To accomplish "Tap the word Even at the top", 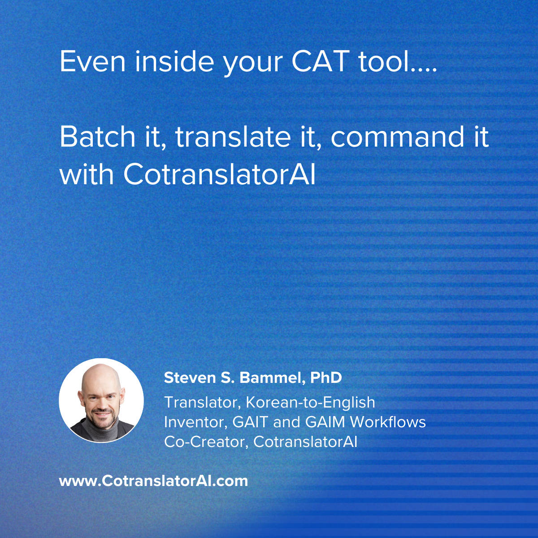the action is pyautogui.click(x=92, y=61).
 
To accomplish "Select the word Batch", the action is pyautogui.click(x=97, y=137).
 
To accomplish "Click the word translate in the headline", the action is pyautogui.click(x=233, y=137).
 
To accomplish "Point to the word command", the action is pyautogui.click(x=397, y=137).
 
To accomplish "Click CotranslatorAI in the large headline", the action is pyautogui.click(x=219, y=175).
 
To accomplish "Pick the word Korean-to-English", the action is pyautogui.click(x=310, y=403).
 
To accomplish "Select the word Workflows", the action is pyautogui.click(x=388, y=422).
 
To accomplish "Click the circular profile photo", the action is pyautogui.click(x=101, y=400).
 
